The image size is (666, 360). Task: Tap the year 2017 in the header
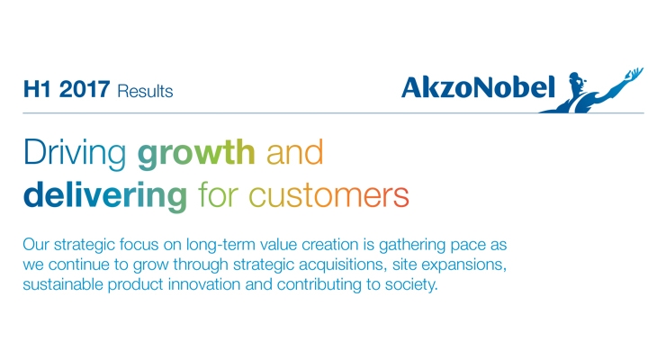click(85, 90)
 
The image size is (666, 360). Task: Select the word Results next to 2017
click(145, 91)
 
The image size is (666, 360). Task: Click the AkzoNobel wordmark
click(478, 87)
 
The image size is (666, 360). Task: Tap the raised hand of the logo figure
click(634, 74)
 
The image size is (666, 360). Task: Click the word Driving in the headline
click(75, 153)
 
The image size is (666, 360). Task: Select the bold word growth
click(196, 153)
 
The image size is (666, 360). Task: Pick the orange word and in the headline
click(295, 152)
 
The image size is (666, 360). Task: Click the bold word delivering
click(105, 195)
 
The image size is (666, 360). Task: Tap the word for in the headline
click(218, 194)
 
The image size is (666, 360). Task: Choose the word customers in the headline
click(328, 196)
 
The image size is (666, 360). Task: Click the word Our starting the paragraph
click(36, 245)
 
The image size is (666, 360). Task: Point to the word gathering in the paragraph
click(412, 246)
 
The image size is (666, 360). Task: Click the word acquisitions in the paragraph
click(343, 265)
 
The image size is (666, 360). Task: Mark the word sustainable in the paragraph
click(63, 284)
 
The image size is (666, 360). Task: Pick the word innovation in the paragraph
click(204, 284)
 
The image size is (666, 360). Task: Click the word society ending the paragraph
click(411, 285)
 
